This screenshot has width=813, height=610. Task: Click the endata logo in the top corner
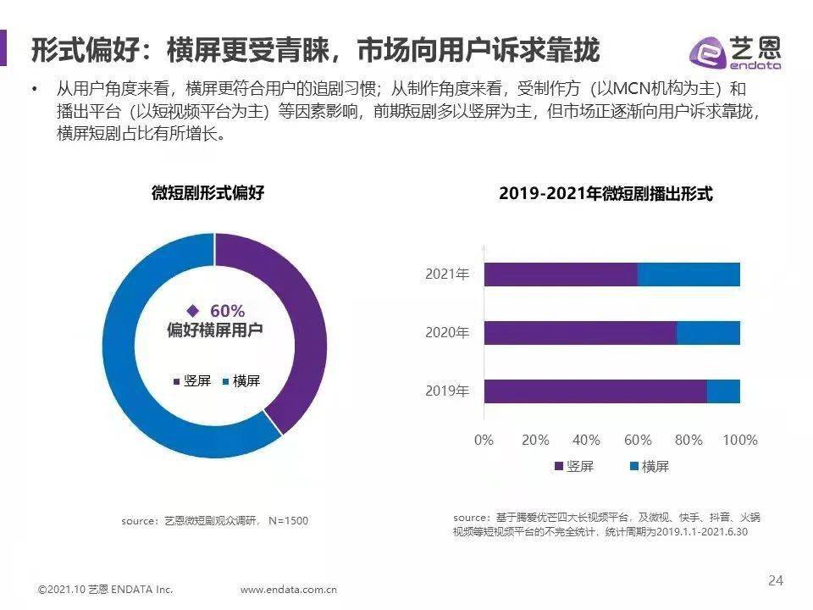(x=734, y=52)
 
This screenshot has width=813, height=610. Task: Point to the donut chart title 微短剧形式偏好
(x=208, y=193)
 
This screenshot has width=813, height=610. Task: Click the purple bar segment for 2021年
(x=560, y=274)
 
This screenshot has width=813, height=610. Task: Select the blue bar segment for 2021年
(x=689, y=274)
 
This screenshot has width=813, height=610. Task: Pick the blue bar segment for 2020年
(x=708, y=333)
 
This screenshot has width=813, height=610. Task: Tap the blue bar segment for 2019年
(x=723, y=391)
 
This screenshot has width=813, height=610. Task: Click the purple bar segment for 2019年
(x=595, y=391)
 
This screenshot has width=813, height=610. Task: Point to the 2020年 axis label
(x=446, y=333)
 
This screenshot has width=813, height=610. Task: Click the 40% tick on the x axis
(x=586, y=440)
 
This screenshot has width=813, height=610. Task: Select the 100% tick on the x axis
(x=740, y=440)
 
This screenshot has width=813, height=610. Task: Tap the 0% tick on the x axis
(x=484, y=440)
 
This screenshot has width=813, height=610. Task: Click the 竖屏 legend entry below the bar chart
(x=573, y=466)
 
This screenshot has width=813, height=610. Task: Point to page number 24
(x=776, y=580)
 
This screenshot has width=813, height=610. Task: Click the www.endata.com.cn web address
(x=290, y=590)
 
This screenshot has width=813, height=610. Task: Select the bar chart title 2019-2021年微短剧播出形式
(x=606, y=194)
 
